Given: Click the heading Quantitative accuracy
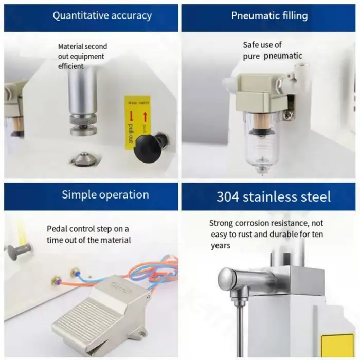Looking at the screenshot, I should pos(102,15).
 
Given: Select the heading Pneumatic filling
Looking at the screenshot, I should pos(269,15).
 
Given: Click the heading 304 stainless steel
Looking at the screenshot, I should pos(273,196).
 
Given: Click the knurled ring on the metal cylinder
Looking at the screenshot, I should pos(85,125).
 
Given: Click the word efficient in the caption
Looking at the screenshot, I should pos(71,66).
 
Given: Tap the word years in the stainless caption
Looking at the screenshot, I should pos(220,246).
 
